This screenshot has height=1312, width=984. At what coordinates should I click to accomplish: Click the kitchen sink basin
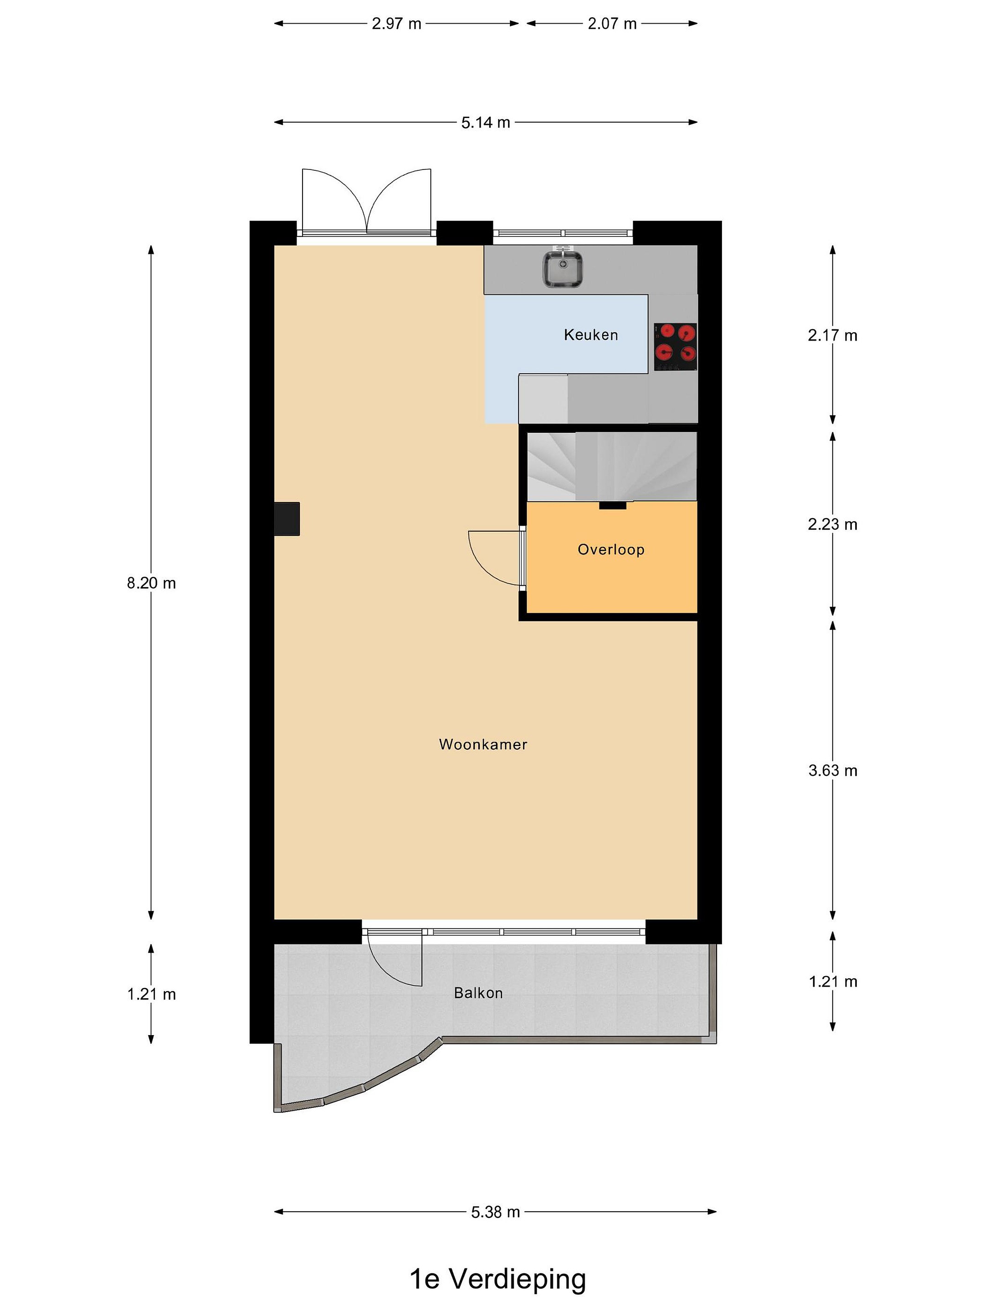564,269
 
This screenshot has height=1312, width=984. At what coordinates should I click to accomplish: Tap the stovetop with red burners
675,347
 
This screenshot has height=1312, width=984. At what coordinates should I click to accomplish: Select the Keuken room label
591,335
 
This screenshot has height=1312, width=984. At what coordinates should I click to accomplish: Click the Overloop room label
611,550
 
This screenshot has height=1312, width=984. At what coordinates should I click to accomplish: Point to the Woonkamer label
483,744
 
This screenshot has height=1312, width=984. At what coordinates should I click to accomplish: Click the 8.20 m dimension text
151,583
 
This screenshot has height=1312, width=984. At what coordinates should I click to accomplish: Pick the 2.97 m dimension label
396,24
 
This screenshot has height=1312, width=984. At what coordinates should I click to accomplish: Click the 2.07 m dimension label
612,24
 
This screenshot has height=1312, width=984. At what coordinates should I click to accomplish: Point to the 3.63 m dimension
833,770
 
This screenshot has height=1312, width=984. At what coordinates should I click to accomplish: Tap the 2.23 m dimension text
833,524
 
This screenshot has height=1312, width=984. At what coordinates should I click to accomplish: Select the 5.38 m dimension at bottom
495,1212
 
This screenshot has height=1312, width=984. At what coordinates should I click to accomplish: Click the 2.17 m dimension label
833,336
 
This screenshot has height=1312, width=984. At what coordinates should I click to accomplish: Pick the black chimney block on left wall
287,519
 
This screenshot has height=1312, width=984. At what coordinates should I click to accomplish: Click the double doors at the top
367,202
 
